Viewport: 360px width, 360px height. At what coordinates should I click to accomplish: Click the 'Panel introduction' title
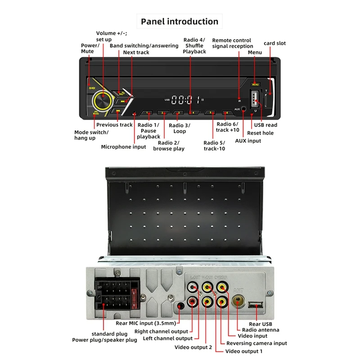click(x=180, y=21)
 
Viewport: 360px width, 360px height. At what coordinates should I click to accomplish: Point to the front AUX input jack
click(x=244, y=109)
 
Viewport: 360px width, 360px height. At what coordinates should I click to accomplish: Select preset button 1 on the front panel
click(x=147, y=113)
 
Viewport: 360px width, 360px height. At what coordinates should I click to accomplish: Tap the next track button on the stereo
click(x=122, y=102)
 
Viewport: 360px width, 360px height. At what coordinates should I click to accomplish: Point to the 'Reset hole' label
click(x=261, y=133)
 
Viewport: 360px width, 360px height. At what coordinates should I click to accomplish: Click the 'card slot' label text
click(x=274, y=43)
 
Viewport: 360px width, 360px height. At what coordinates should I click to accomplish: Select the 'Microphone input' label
click(x=123, y=147)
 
